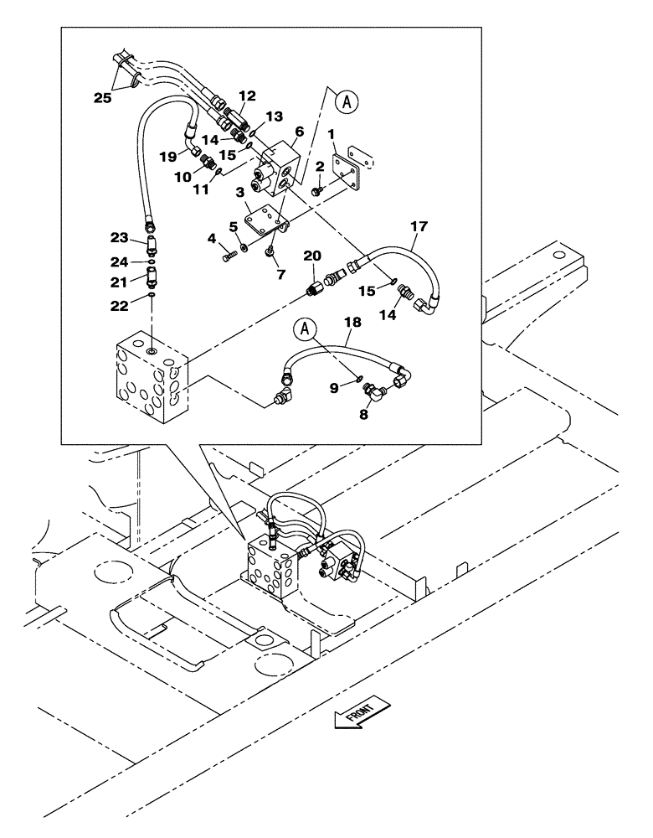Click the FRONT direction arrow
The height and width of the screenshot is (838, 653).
point(361,711)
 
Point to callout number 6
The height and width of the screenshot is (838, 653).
point(299,132)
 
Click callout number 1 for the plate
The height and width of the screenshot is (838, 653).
point(332,134)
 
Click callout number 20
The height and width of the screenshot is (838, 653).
point(312,256)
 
